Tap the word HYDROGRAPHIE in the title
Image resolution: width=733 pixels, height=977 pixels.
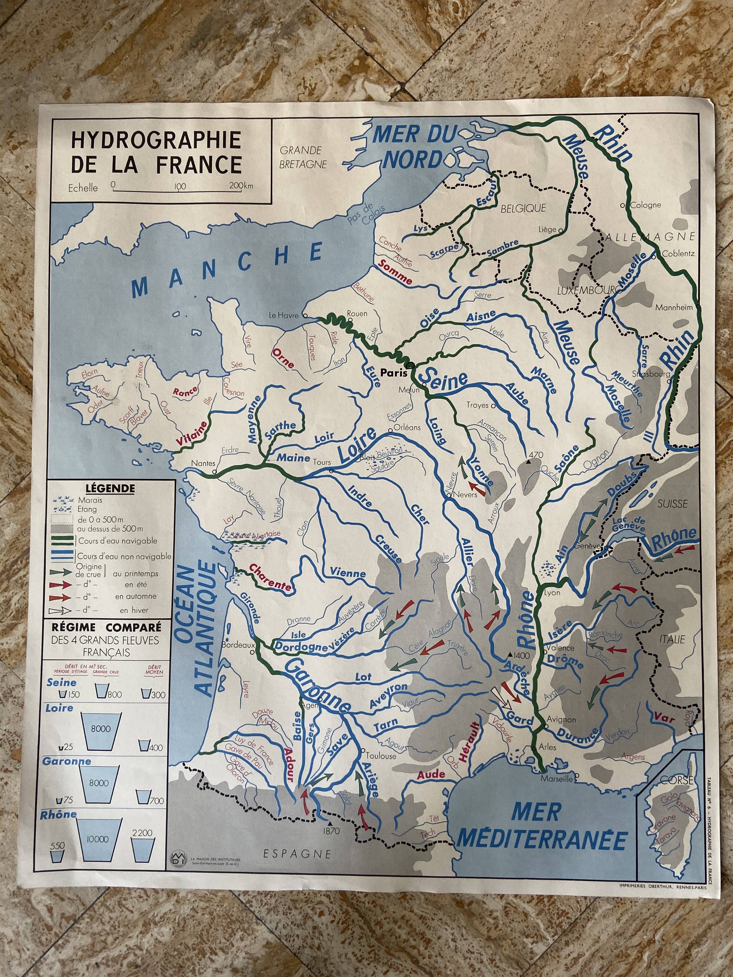coord(156,140)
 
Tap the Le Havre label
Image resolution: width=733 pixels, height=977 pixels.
coord(285,315)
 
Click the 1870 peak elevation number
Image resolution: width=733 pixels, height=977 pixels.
coord(331,831)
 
